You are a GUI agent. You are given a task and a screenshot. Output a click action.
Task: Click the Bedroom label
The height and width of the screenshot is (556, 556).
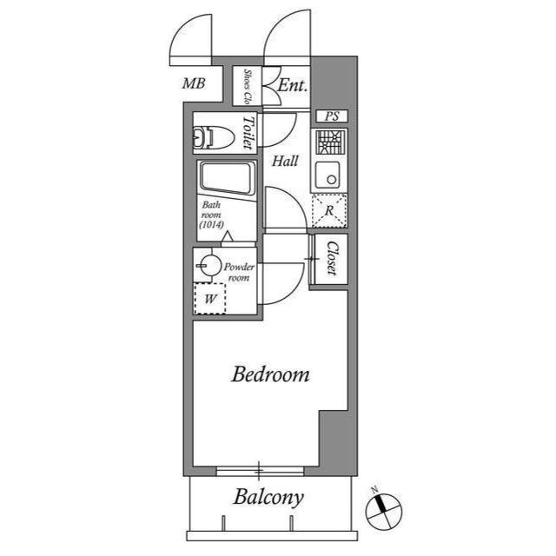pyautogui.click(x=270, y=374)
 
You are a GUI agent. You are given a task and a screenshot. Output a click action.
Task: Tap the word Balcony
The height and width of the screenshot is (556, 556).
pyautogui.click(x=268, y=498)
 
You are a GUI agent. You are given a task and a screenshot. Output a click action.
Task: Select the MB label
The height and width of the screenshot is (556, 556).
pyautogui.click(x=194, y=83)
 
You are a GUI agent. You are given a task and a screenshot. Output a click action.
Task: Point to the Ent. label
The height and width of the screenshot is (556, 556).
pyautogui.click(x=292, y=85)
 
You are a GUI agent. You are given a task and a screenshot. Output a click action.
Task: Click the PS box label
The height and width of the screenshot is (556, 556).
pyautogui.click(x=332, y=116)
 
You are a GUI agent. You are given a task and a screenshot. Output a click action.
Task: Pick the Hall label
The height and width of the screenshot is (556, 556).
pyautogui.click(x=285, y=162)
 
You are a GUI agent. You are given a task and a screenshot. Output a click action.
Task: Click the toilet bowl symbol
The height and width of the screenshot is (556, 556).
pyautogui.click(x=214, y=137)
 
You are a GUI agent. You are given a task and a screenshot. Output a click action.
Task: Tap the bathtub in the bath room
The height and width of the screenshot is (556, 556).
pyautogui.click(x=228, y=179)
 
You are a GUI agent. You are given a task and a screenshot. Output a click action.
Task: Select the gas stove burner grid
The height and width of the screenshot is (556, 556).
pyautogui.click(x=330, y=142)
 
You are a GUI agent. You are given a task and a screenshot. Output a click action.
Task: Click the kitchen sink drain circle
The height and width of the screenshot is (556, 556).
pyautogui.click(x=332, y=180)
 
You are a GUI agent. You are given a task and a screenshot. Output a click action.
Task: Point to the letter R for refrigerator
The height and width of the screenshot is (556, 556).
pyautogui.click(x=329, y=210)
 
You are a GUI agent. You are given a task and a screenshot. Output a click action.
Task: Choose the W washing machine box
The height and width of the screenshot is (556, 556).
pyautogui.click(x=210, y=298)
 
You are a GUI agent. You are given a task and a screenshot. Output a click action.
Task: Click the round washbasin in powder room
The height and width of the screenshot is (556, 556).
pyautogui.click(x=210, y=265)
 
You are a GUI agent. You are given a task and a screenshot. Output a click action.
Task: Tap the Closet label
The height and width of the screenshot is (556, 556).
pyautogui.click(x=331, y=259)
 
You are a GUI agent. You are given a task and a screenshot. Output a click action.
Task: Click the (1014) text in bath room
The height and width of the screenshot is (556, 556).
pyautogui.click(x=211, y=224)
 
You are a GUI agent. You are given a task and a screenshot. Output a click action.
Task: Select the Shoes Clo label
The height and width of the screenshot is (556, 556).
pyautogui.click(x=248, y=86)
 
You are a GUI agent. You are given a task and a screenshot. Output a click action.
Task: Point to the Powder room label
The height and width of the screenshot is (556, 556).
pyautogui.click(x=239, y=272)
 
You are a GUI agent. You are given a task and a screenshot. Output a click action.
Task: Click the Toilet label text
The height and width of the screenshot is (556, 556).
pyautogui.click(x=248, y=133)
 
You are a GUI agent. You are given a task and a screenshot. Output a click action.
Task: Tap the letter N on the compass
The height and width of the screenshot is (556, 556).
pyautogui.click(x=374, y=490)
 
